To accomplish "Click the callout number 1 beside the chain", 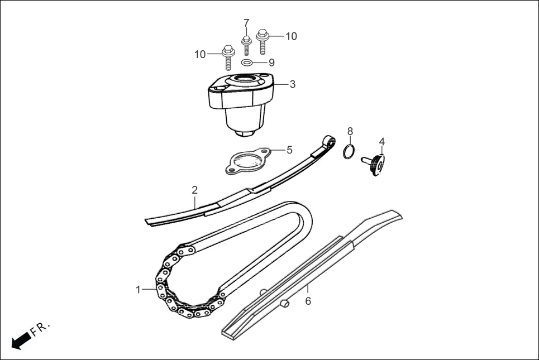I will [138, 290].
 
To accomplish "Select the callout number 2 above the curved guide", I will [194, 190].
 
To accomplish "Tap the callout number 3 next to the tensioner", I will [293, 85].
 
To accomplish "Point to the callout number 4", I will [382, 142].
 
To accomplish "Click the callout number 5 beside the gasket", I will [289, 150].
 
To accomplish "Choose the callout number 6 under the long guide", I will [308, 301].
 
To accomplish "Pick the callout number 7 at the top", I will [246, 23].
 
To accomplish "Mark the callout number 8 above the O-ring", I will [350, 131].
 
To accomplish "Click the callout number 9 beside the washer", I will [271, 63].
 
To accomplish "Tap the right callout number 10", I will [292, 36].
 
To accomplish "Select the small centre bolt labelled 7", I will [246, 45].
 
